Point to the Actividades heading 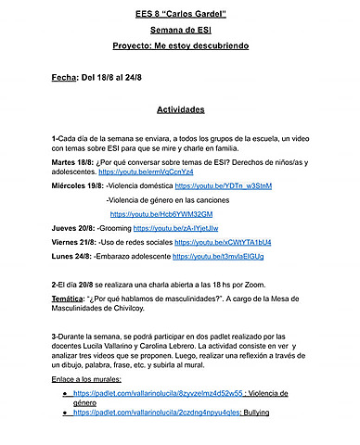tap(180, 109)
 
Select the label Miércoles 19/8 tap(78, 186)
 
